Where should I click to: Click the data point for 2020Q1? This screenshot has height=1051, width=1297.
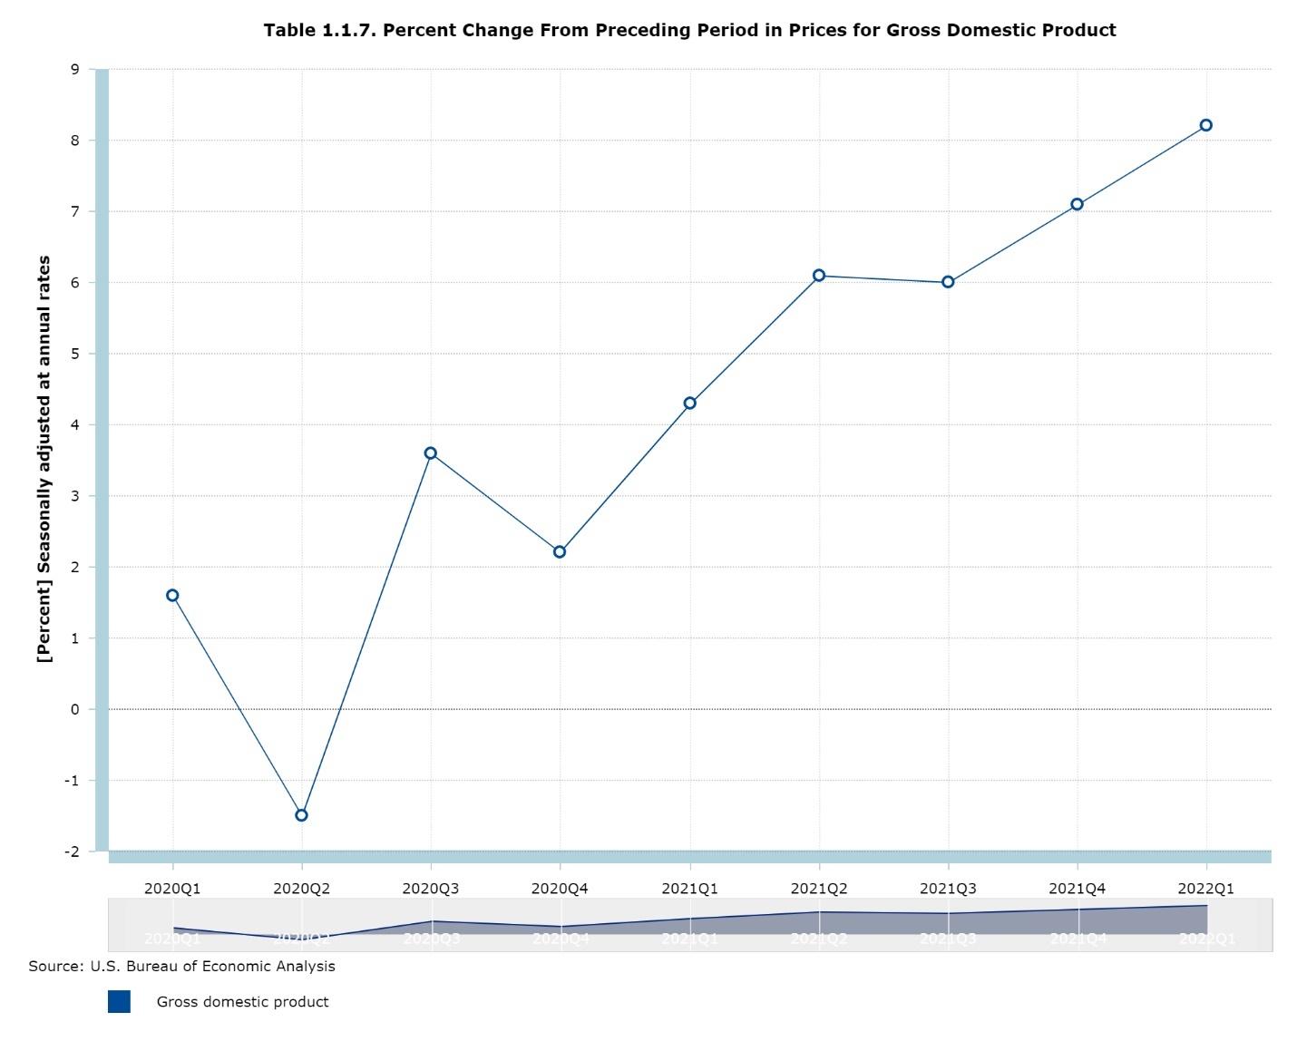click(172, 596)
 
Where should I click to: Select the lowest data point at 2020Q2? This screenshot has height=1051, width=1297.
click(302, 815)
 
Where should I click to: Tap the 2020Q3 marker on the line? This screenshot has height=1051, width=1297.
click(431, 453)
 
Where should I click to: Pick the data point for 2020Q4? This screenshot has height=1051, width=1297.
click(560, 552)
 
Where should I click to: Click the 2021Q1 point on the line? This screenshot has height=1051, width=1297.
click(690, 404)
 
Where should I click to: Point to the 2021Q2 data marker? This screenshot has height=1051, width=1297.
click(819, 276)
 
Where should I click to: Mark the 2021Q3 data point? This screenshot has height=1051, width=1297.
click(948, 282)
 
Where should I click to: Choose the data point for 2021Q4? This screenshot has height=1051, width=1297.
click(1078, 205)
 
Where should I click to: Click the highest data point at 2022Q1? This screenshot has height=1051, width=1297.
click(1206, 125)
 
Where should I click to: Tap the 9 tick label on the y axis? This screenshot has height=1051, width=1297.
click(75, 70)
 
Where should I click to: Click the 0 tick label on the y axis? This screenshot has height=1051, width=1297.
click(75, 709)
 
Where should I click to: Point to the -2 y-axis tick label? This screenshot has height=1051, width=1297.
click(72, 852)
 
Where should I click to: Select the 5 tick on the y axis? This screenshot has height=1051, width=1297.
click(75, 354)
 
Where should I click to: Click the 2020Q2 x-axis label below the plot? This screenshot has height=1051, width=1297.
click(302, 889)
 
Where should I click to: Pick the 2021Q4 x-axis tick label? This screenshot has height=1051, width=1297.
click(1078, 889)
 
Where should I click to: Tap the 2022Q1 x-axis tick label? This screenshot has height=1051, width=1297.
click(1206, 889)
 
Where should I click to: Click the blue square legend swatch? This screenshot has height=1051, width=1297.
click(119, 1001)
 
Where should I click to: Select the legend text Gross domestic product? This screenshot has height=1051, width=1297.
click(242, 1002)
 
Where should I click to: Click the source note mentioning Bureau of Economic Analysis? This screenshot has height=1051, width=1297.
click(181, 967)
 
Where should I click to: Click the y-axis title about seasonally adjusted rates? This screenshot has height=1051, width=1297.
click(44, 459)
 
